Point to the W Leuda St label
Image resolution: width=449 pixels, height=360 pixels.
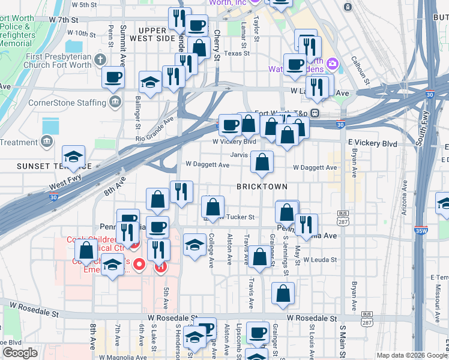[320, 260]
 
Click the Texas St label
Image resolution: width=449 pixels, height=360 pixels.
[237, 53]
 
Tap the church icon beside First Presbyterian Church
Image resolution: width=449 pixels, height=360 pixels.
[100, 60]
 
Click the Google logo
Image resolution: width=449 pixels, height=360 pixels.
[20, 353]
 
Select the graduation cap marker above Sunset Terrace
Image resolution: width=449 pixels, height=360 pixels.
[74, 157]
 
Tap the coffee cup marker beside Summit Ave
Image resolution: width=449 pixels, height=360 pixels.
[113, 77]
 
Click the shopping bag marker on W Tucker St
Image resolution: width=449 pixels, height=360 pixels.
[213, 208]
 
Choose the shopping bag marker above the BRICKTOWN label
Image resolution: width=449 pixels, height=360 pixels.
[262, 162]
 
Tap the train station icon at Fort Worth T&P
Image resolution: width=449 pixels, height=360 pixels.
[314, 113]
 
